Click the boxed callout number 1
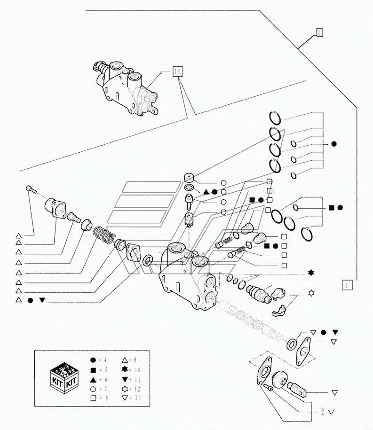pyautogui.click(x=319, y=32)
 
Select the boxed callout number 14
pyautogui.click(x=177, y=72)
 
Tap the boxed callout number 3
pyautogui.click(x=346, y=284)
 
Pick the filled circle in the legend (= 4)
pyautogui.click(x=93, y=360)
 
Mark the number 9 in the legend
pyautogui.click(x=137, y=360)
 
